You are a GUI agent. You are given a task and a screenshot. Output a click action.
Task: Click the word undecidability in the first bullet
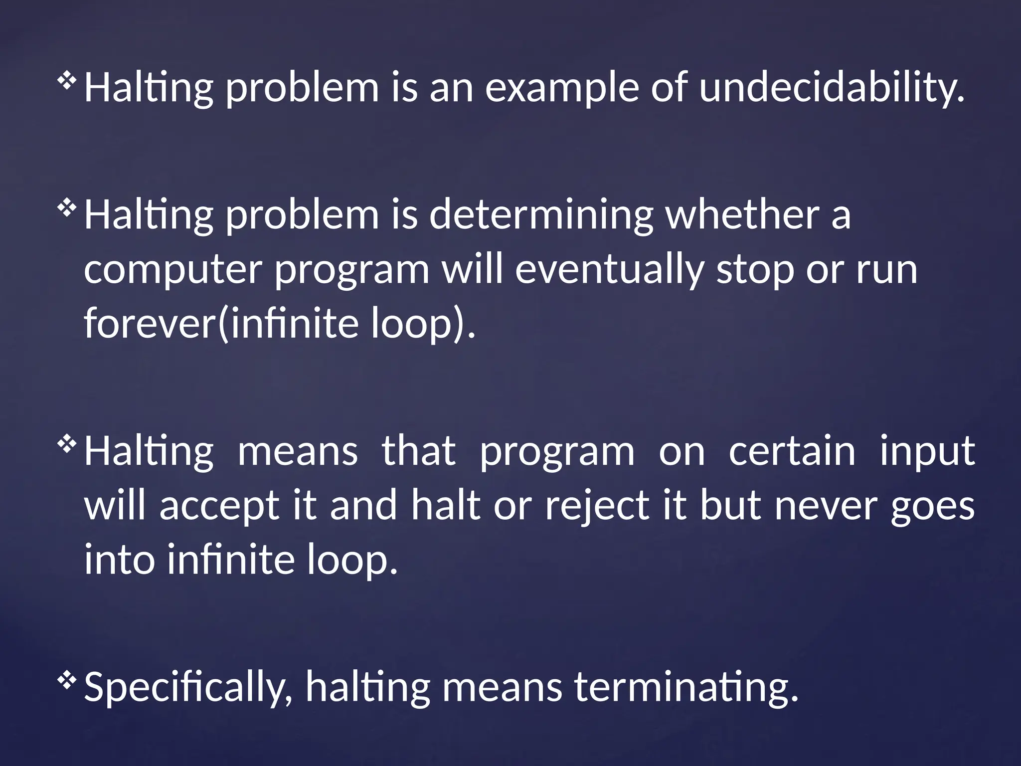click(x=832, y=87)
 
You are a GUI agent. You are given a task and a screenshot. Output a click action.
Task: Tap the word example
click(x=562, y=87)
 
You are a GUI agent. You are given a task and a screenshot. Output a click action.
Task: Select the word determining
click(x=541, y=215)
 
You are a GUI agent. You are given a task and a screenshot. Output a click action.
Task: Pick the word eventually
click(x=610, y=270)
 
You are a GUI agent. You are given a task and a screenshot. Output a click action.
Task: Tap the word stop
click(x=755, y=270)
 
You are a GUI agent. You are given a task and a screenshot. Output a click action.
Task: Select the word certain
click(x=792, y=451)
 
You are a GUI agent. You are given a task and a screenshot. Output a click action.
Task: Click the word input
click(x=927, y=451)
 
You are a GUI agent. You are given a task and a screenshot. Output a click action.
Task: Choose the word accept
click(x=219, y=506)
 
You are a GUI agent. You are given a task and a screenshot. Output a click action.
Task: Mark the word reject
click(x=598, y=506)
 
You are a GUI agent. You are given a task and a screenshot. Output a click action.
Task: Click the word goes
click(x=932, y=506)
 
